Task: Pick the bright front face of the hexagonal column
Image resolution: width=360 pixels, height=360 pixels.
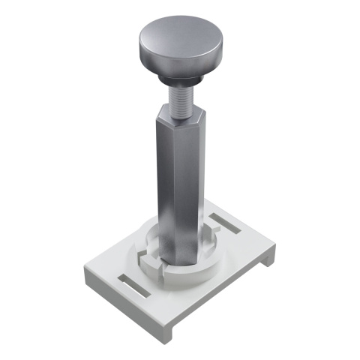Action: [x=170, y=187]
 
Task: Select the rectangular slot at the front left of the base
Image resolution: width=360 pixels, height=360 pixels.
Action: [x=133, y=286]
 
